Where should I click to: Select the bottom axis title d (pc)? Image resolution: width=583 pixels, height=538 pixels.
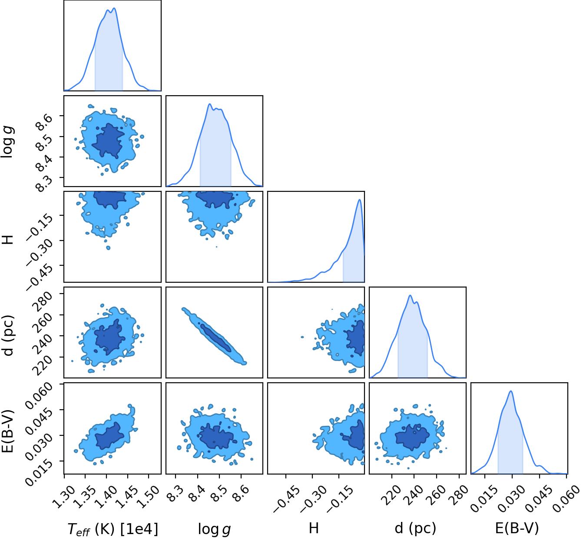point(415,528)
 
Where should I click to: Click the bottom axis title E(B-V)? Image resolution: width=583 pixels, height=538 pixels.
point(517,528)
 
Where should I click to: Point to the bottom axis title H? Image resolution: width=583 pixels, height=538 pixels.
point(314,528)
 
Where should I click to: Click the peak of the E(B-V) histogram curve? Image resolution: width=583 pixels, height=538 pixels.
point(511,391)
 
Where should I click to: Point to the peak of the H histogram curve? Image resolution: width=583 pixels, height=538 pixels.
point(360,200)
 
